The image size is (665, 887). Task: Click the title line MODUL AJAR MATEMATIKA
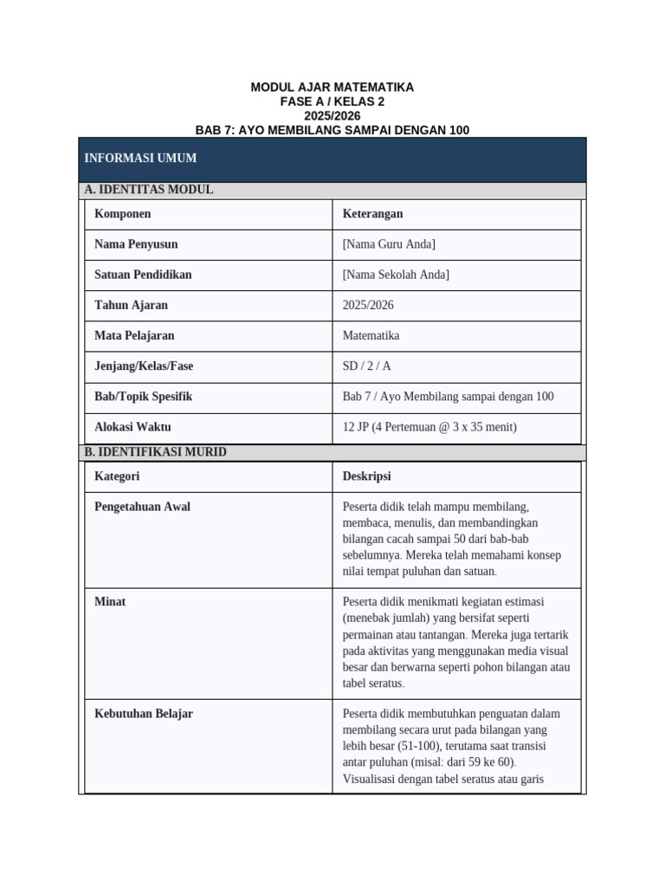click(x=332, y=87)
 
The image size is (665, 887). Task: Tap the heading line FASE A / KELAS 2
click(x=332, y=101)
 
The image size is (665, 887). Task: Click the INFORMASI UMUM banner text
click(x=140, y=159)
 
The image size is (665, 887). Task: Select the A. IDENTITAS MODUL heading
click(x=149, y=190)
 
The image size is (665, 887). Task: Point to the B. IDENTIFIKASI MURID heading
click(x=155, y=452)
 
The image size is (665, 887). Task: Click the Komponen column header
click(x=122, y=214)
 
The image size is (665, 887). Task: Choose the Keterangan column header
click(x=372, y=214)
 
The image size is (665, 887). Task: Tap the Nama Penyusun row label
click(x=136, y=244)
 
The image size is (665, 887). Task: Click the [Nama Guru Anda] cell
click(x=389, y=244)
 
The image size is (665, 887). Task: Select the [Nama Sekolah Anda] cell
click(x=396, y=275)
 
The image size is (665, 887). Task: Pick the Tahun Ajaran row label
click(x=131, y=305)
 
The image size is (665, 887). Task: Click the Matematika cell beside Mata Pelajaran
click(x=371, y=335)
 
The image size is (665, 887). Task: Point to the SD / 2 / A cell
click(x=366, y=366)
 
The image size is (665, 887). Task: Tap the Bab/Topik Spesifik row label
click(x=143, y=397)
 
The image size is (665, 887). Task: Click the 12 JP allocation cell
click(x=429, y=427)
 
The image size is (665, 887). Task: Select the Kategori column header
click(x=117, y=476)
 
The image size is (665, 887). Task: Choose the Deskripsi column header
click(x=366, y=476)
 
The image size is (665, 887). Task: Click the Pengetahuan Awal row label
click(x=142, y=507)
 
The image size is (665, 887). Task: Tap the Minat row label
click(x=110, y=601)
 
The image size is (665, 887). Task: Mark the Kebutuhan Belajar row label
click(x=143, y=714)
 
